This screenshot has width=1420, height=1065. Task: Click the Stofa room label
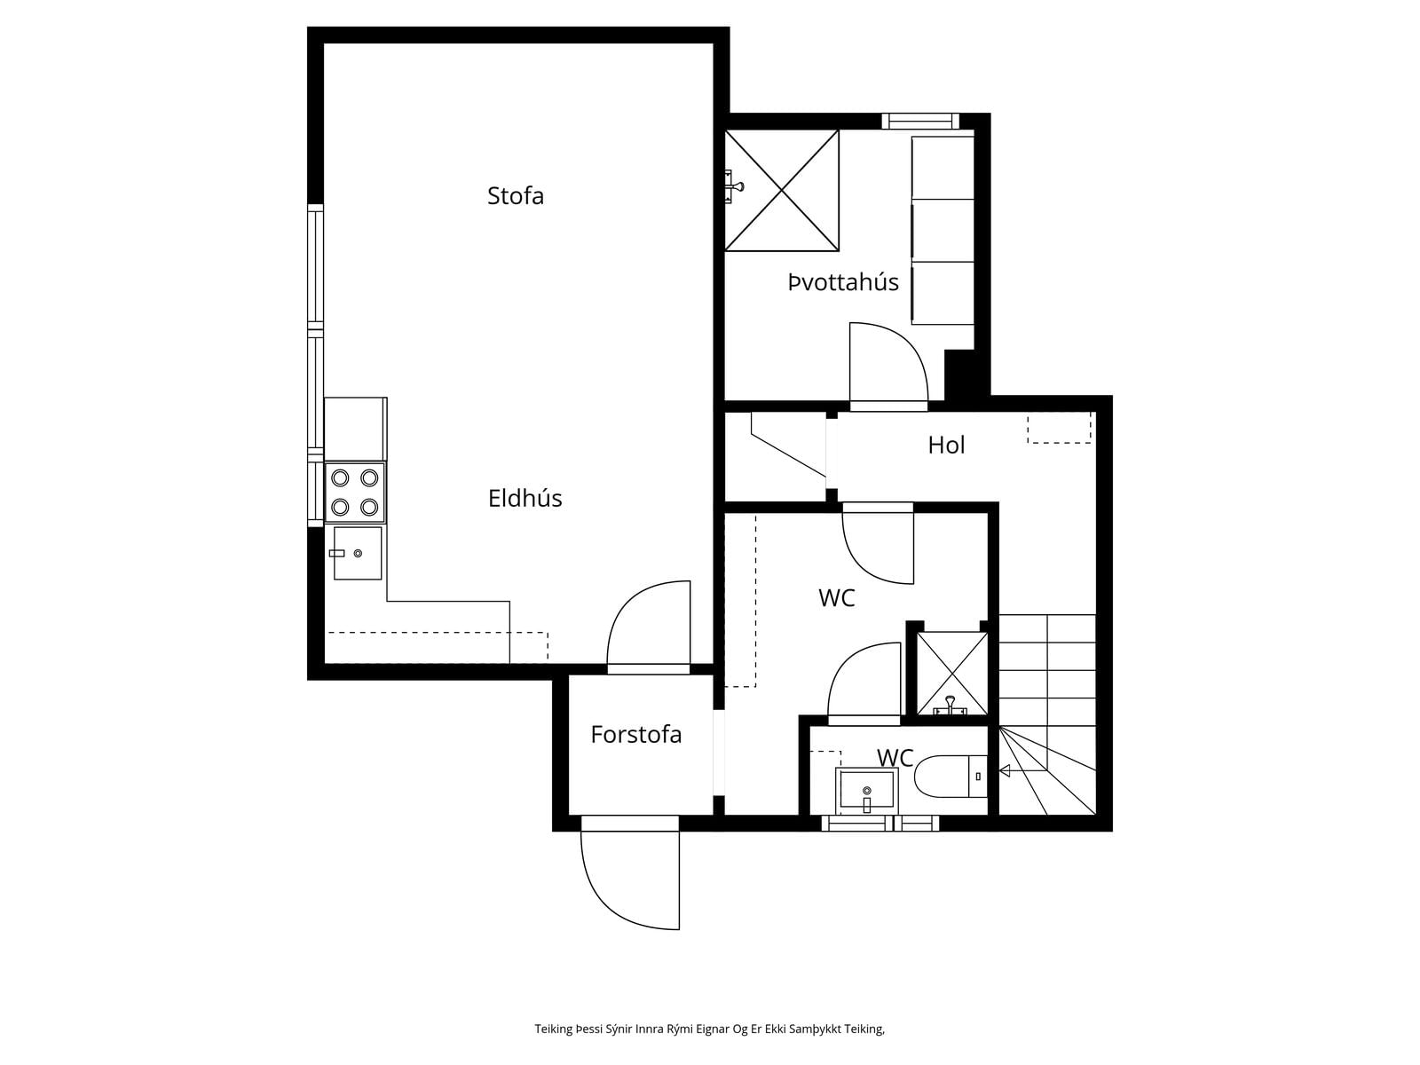tap(515, 196)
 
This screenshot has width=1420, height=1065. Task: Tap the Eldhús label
tap(525, 499)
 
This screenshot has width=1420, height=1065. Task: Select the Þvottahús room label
tap(843, 282)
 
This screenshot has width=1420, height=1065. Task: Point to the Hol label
tap(946, 445)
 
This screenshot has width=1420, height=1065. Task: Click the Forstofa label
tap(636, 735)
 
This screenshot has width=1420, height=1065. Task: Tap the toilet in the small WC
tap(951, 776)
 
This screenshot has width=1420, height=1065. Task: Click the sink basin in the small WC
tap(866, 791)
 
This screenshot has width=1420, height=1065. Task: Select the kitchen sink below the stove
tap(357, 554)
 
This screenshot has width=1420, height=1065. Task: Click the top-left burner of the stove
tap(340, 477)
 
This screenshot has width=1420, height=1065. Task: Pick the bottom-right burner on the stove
tap(369, 507)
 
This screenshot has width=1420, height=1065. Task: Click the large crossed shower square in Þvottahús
tap(782, 190)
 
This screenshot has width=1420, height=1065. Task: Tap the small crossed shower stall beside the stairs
tap(952, 673)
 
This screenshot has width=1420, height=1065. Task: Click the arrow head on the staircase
tap(1005, 770)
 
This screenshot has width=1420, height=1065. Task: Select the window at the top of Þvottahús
tap(920, 121)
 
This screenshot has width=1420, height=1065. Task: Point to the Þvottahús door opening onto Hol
tap(888, 366)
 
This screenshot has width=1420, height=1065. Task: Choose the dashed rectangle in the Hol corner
tap(1059, 428)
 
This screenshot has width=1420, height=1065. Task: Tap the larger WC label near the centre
tap(837, 598)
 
